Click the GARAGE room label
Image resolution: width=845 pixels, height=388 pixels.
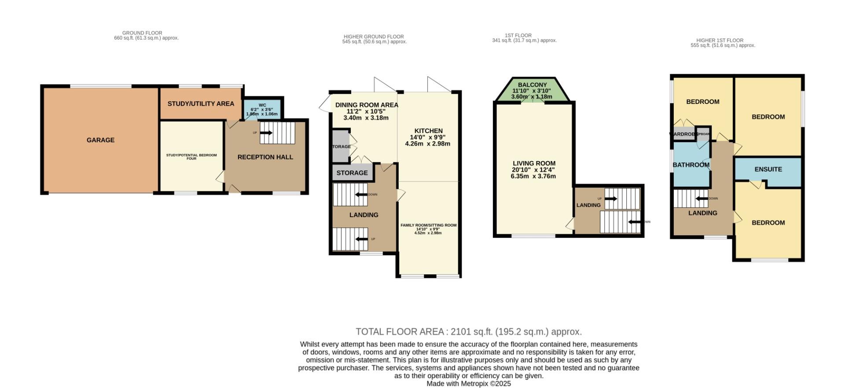click(x=100, y=140)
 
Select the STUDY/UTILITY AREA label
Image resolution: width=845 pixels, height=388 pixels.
click(x=201, y=104)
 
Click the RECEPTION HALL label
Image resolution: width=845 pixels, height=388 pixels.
click(x=265, y=157)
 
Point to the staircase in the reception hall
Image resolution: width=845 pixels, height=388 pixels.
click(x=277, y=133)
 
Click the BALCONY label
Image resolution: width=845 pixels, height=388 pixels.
click(x=532, y=85)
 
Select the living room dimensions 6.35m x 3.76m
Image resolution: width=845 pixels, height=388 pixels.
click(x=533, y=176)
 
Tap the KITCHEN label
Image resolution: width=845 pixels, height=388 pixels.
click(x=428, y=131)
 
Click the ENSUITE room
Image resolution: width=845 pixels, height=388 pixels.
click(x=768, y=169)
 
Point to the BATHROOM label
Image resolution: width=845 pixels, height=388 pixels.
click(x=691, y=165)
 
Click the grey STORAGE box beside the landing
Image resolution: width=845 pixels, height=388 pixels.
click(x=352, y=173)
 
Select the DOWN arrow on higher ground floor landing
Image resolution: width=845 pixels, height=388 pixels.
click(x=362, y=195)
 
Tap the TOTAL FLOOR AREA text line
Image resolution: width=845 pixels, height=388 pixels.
click(x=469, y=332)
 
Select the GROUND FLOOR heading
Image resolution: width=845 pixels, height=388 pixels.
click(x=142, y=33)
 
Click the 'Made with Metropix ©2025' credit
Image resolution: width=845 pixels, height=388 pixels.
click(x=469, y=384)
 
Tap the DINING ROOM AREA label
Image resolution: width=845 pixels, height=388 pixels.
click(x=367, y=105)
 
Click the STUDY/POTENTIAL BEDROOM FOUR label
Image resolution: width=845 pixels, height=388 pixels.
click(x=191, y=157)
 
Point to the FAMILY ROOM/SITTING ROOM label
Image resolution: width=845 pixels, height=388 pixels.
click(x=428, y=225)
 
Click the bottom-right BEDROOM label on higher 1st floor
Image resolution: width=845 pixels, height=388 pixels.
click(x=768, y=223)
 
